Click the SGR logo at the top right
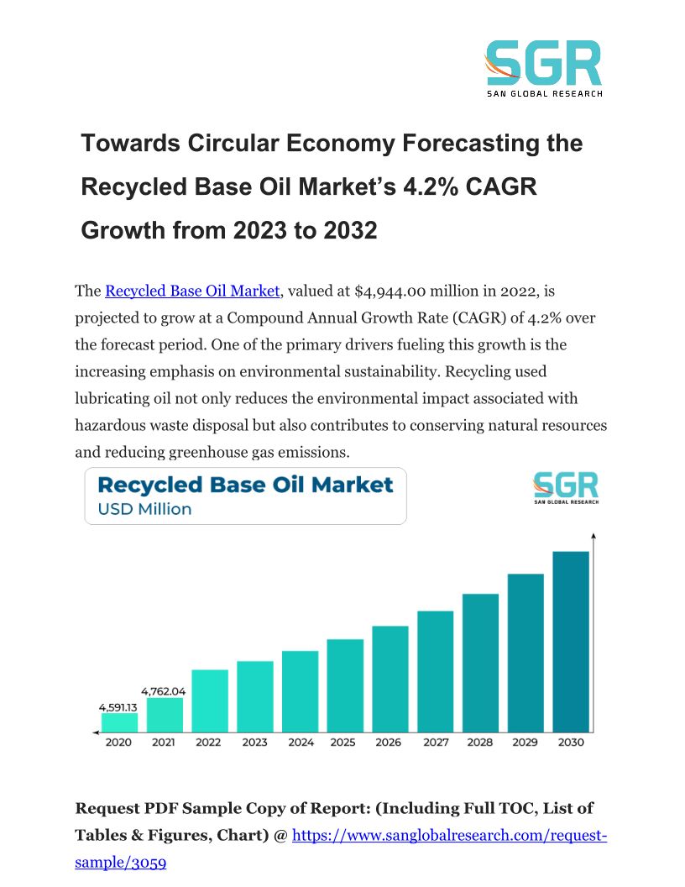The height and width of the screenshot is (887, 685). coord(544,68)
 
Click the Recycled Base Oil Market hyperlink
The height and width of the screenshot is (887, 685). coord(191,291)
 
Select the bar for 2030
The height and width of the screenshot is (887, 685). coord(570,642)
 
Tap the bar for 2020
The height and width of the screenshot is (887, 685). coord(119,722)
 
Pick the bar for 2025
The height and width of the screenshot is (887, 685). coord(345,685)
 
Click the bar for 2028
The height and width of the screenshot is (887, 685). coord(480,663)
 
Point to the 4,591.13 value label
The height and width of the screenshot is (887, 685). coord(118,706)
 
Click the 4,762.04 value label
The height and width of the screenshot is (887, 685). coord(164,691)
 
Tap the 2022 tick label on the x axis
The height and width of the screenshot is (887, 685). coord(209,743)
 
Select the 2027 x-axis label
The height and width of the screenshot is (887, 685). coord(435,743)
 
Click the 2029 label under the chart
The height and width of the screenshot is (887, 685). coord(525,743)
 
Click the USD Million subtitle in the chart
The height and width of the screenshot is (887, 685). coord(144,509)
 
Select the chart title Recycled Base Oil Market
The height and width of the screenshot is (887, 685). coord(245,485)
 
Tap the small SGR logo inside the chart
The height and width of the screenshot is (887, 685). coord(566,488)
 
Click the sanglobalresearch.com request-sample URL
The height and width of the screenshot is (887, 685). coord(448,836)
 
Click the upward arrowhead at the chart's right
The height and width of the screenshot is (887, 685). coord(593,534)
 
